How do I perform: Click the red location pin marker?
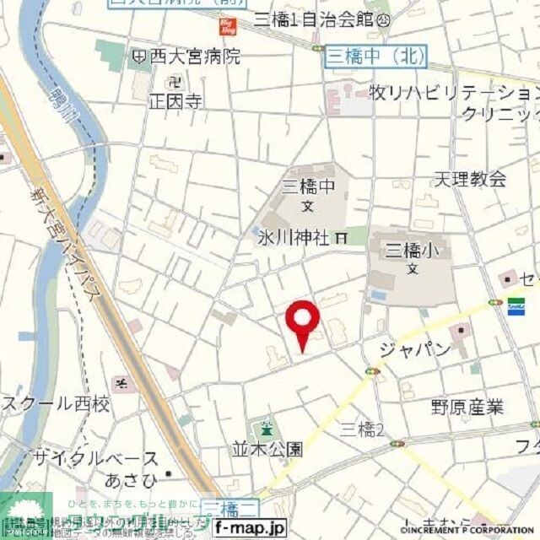(x=303, y=320)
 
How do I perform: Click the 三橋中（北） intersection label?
(x=375, y=57)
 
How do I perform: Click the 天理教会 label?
(x=471, y=178)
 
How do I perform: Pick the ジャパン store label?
(x=414, y=350)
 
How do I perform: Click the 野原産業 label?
(x=467, y=408)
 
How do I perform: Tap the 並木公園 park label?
(x=267, y=449)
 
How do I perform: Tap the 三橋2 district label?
(x=363, y=430)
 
